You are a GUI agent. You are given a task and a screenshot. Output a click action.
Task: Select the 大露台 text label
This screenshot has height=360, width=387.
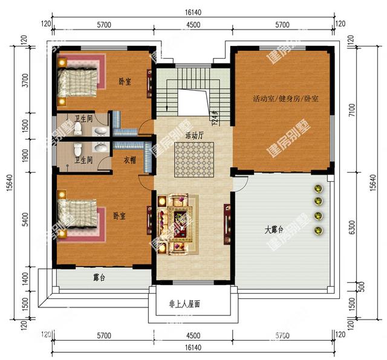point(275,230)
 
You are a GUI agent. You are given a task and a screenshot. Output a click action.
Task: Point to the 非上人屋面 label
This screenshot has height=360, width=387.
point(184,304)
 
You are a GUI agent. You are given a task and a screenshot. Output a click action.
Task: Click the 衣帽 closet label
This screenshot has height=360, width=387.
point(129,160)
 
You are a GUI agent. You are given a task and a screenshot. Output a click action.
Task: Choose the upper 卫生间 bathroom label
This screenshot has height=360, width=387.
point(83,118)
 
